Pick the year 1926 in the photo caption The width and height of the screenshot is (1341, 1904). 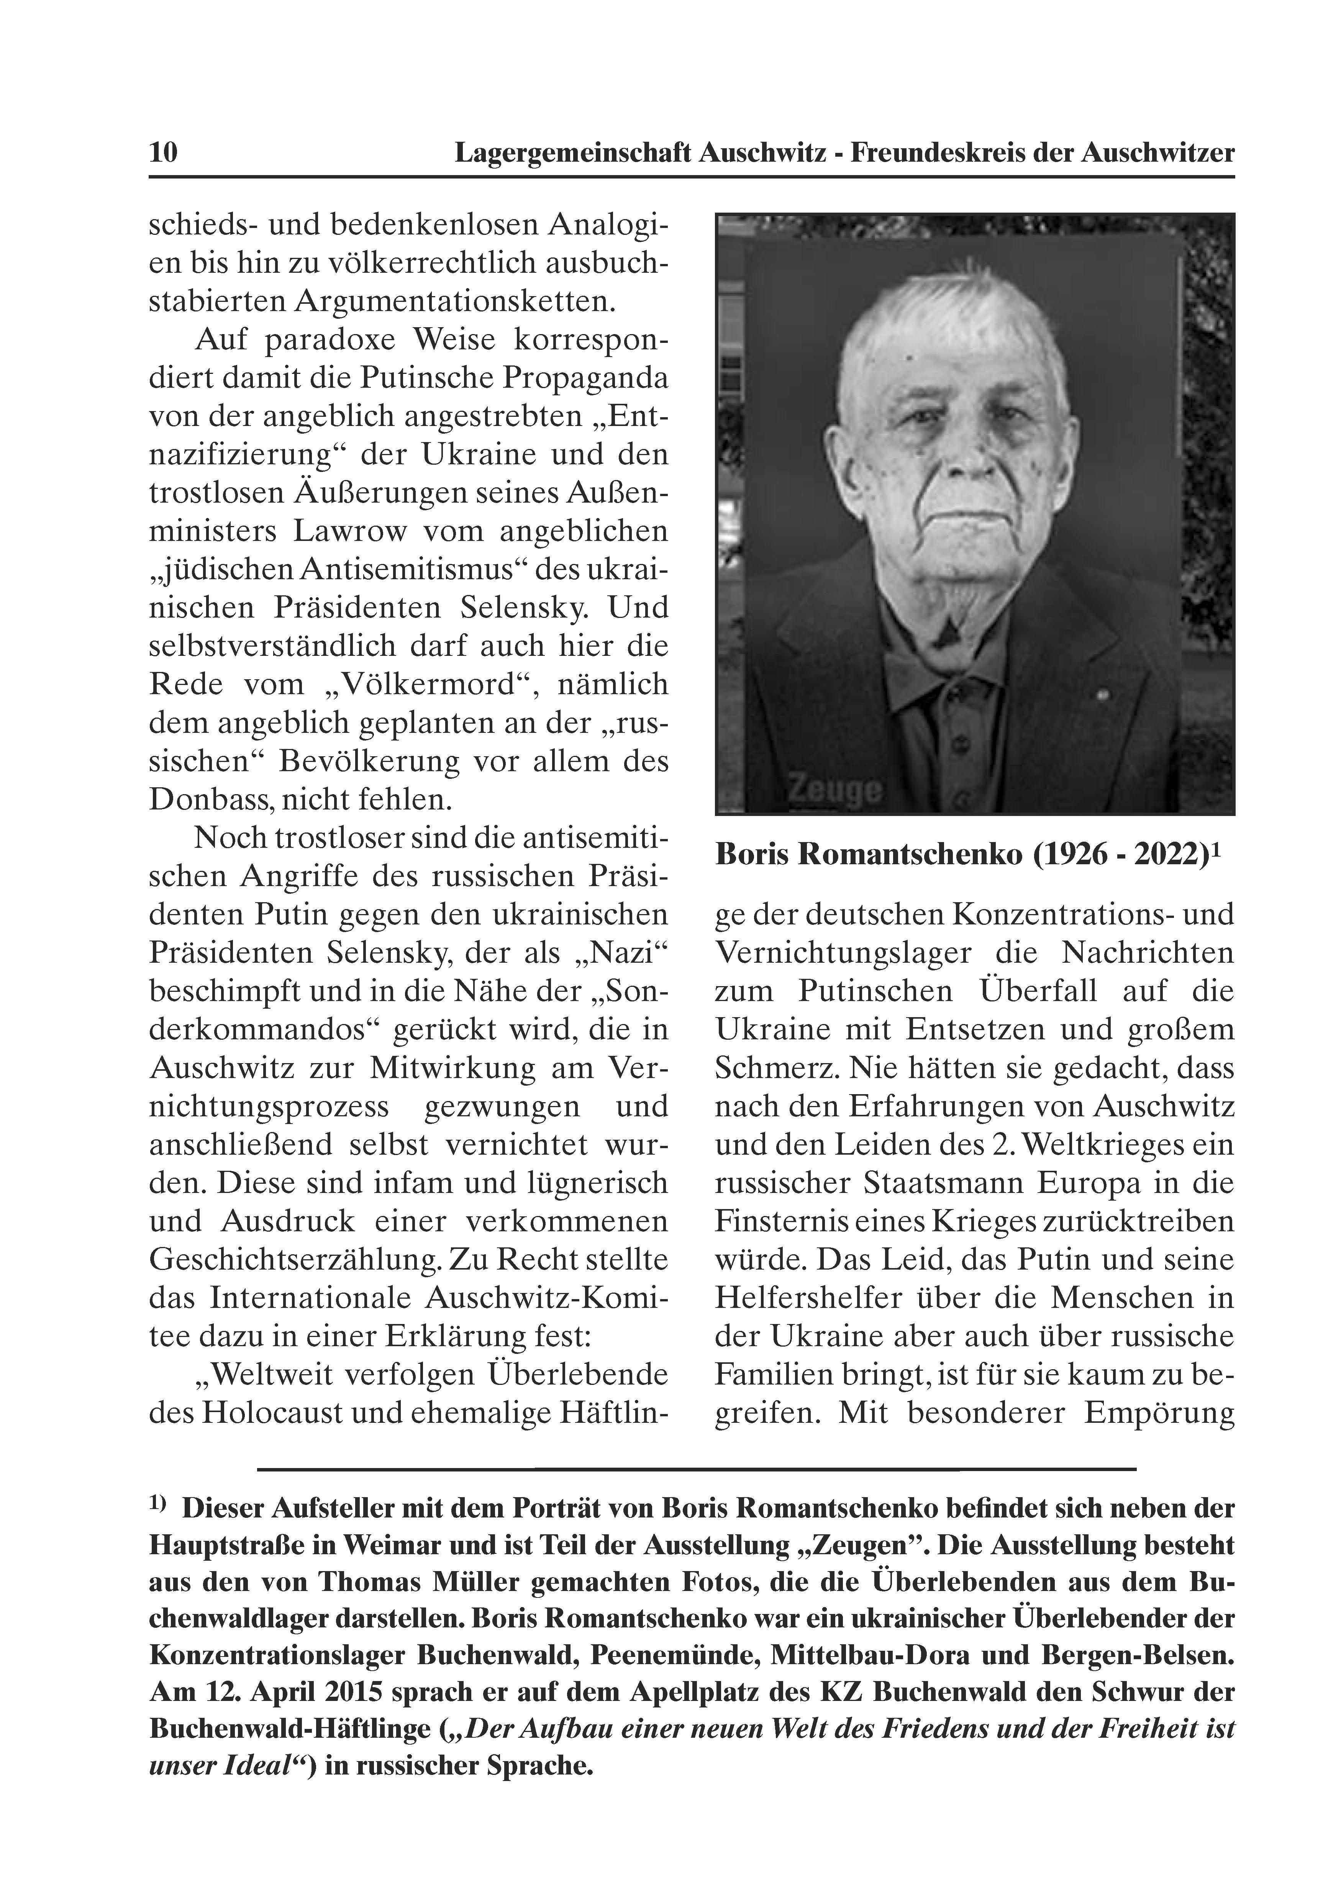coord(1070,855)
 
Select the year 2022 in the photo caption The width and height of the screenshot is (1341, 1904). coord(1168,855)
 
